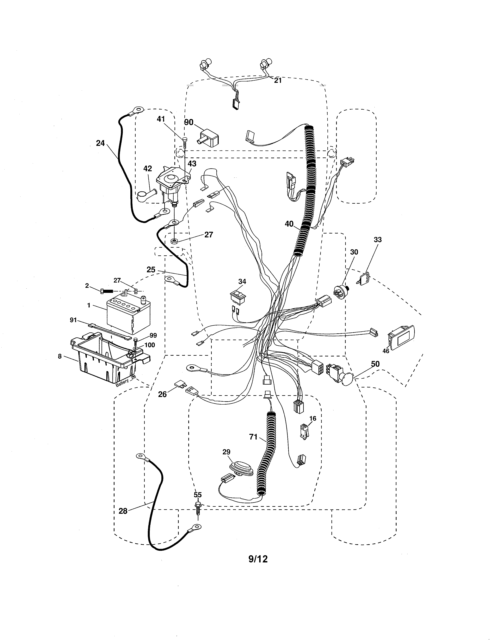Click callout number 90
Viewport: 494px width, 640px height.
189,122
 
